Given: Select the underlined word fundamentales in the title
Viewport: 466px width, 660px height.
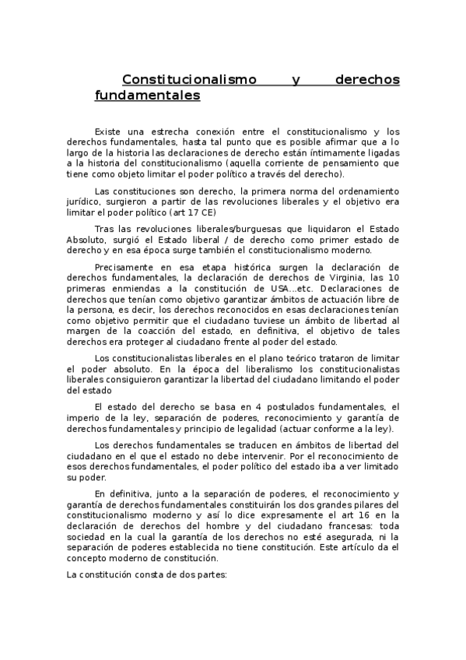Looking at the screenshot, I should (147, 97).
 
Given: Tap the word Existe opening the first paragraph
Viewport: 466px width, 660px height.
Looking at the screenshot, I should (107, 133).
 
